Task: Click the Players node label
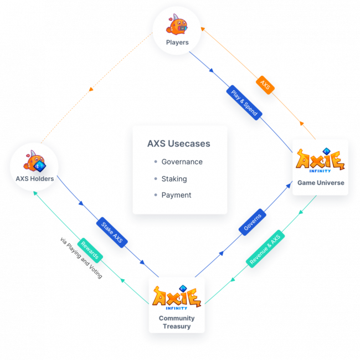pos(177,42)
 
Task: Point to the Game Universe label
pos(321,183)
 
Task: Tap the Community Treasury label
pos(177,322)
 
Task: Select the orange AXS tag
pos(265,85)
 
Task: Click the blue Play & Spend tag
pos(244,102)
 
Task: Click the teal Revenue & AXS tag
pos(265,249)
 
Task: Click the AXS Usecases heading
pos(178,144)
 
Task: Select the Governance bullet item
pos(182,162)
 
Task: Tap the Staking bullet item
pos(174,179)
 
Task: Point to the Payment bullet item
pos(176,195)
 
